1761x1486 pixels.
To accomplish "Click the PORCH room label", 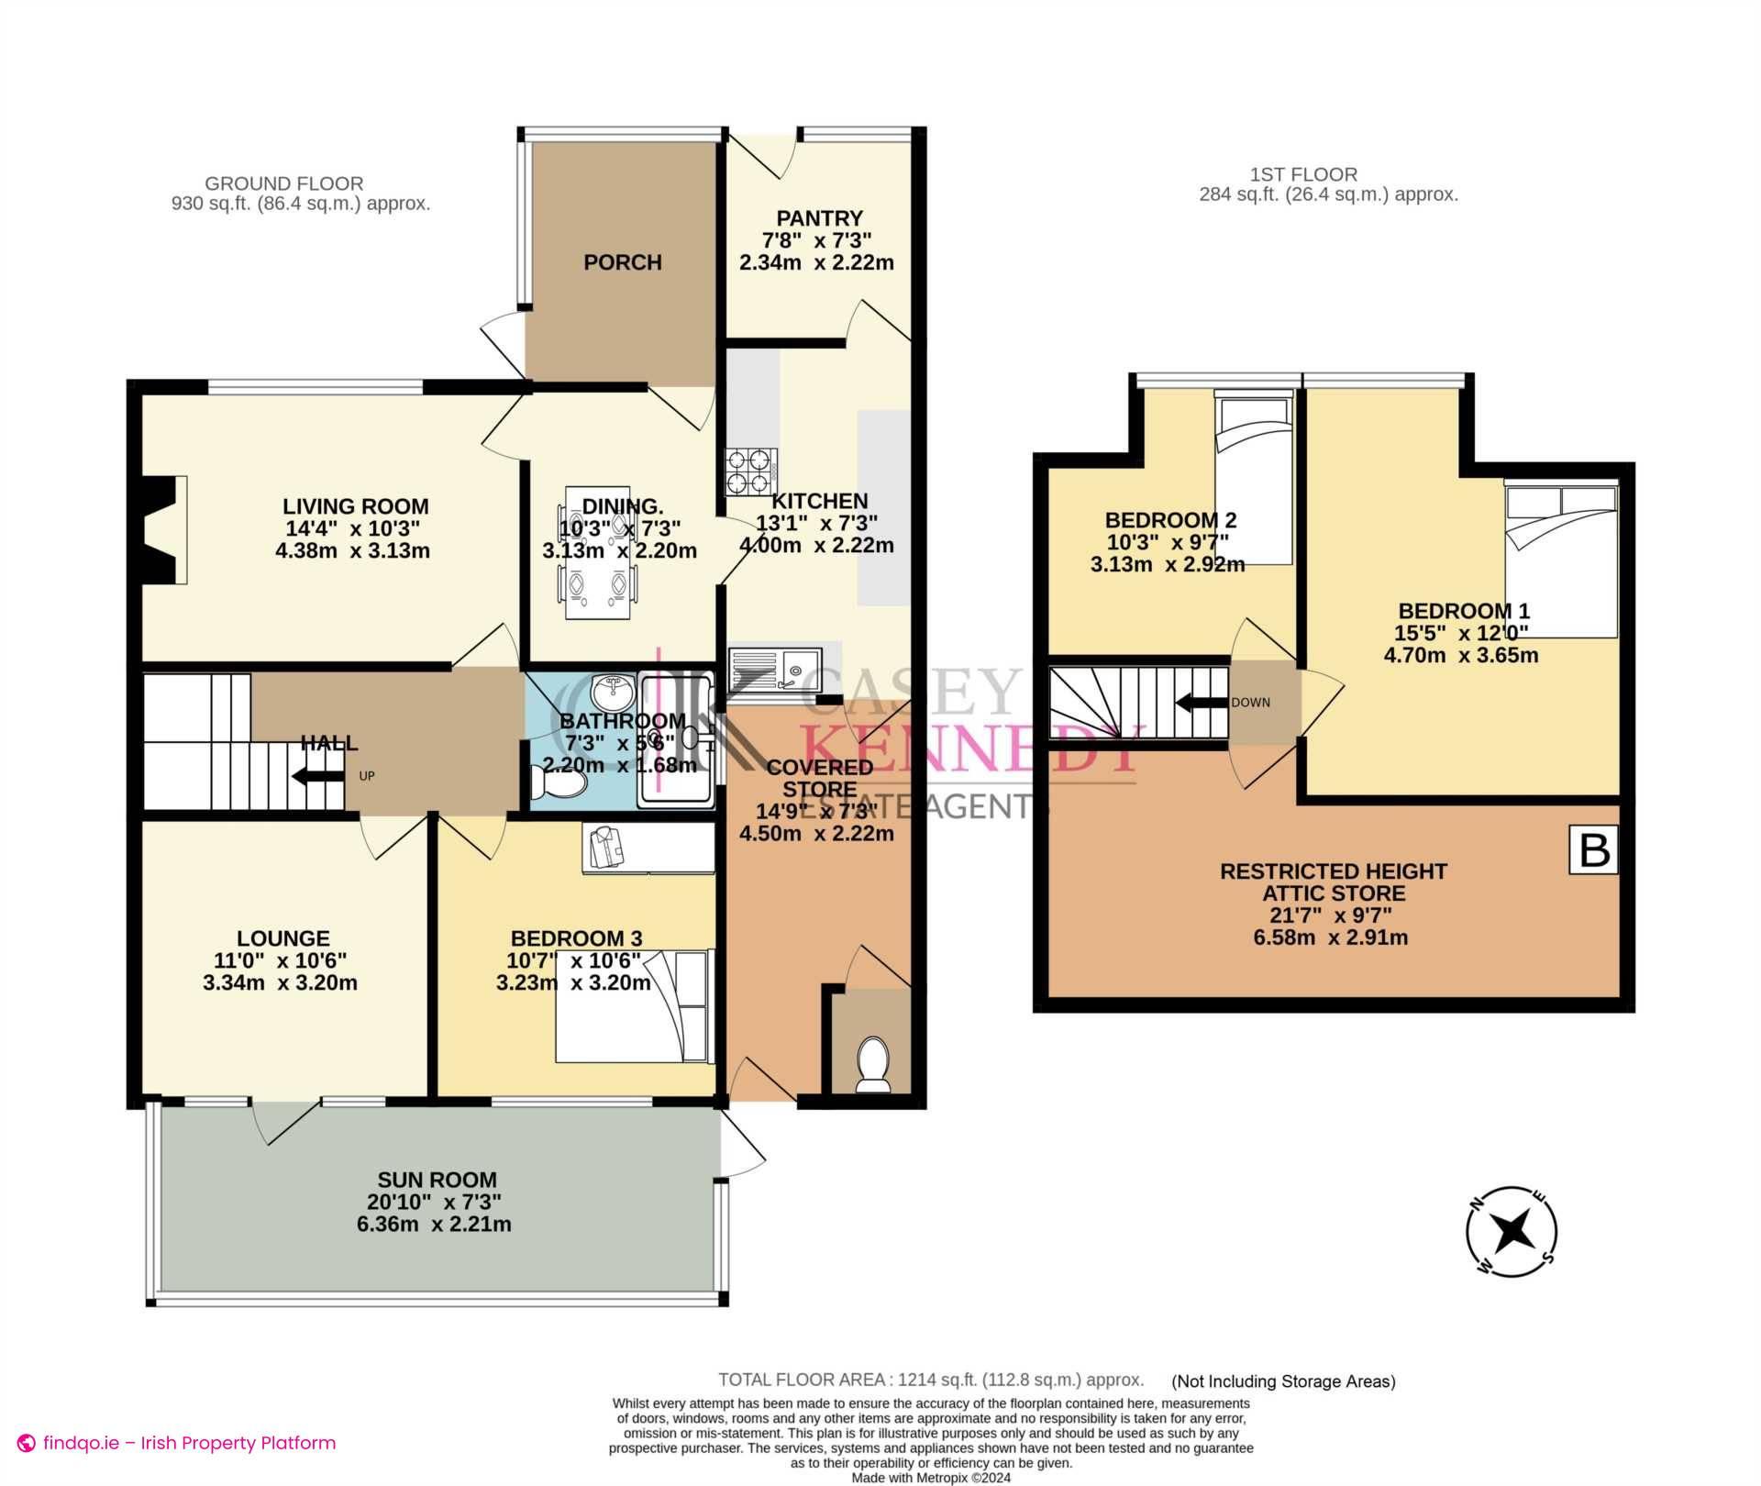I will coord(622,262).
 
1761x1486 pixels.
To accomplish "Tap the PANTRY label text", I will coord(819,218).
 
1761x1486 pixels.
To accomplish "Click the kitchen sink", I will coord(775,669).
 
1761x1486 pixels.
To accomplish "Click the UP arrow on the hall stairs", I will coord(313,777).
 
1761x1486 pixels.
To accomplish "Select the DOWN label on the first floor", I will coord(1250,703).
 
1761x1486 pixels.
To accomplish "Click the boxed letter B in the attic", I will coord(1594,850).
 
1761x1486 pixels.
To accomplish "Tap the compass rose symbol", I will coord(1511,1231).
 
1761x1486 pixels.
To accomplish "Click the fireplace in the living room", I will coord(163,529).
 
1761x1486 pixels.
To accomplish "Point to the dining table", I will coord(597,552).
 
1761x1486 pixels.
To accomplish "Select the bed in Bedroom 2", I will coord(1254,477).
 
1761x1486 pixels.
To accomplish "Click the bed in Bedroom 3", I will coord(634,1006).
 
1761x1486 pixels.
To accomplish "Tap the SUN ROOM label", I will coord(437,1180).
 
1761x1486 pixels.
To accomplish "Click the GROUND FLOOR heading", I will coord(283,183).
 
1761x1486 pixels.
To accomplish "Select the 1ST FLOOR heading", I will coord(1302,174).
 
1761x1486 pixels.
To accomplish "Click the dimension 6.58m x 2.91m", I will coord(1330,937).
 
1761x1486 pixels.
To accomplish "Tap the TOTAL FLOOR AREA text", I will coord(930,1380).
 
